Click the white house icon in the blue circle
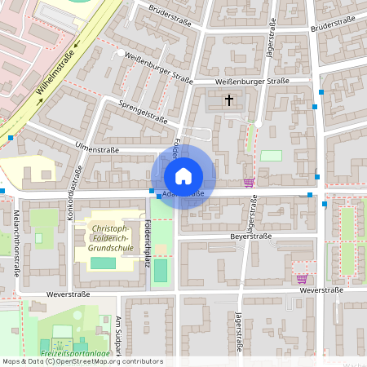(183, 176)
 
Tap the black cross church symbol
(229, 100)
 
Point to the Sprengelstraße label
(143, 113)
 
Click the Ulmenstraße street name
(96, 150)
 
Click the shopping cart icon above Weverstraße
(302, 278)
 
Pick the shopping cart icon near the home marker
(249, 182)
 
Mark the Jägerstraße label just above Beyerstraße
(253, 212)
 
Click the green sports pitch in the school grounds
(103, 263)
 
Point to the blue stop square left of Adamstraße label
(152, 191)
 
